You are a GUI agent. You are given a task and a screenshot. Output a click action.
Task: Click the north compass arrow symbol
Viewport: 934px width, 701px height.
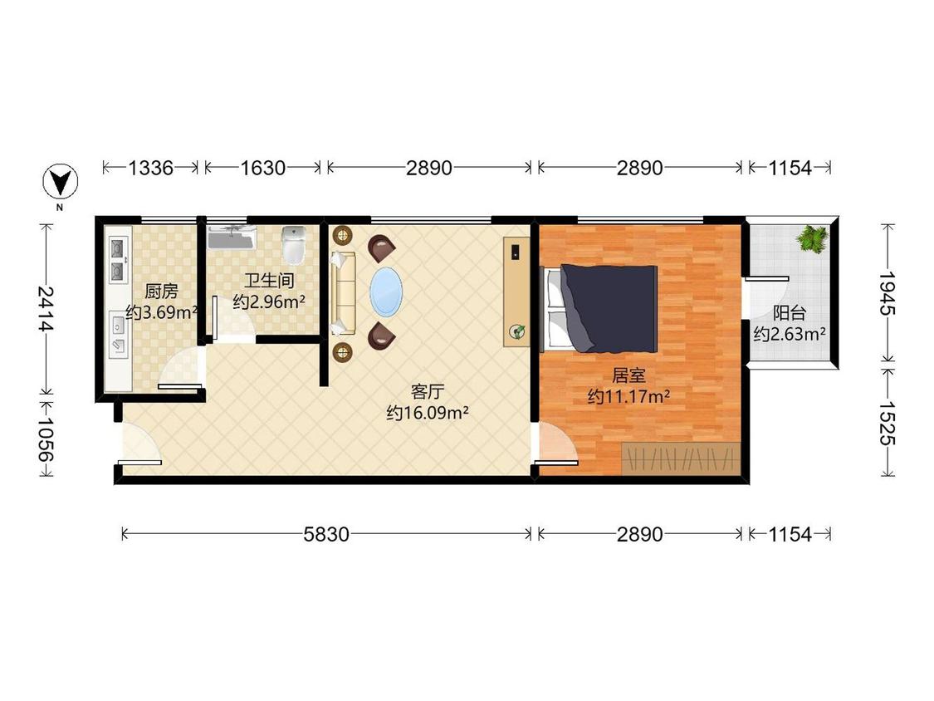point(61,181)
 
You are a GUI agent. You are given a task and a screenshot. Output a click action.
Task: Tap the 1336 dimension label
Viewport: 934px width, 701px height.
point(151,168)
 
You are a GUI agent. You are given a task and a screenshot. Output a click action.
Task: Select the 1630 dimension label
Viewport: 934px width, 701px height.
point(262,168)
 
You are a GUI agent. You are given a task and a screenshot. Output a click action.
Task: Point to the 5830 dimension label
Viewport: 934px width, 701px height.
point(325,534)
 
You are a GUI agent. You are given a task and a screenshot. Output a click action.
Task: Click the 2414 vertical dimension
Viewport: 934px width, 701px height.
point(46,309)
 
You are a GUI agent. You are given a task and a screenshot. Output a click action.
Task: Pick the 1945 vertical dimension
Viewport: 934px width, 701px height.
point(887,293)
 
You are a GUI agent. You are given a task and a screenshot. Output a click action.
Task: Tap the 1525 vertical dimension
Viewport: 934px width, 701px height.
point(887,424)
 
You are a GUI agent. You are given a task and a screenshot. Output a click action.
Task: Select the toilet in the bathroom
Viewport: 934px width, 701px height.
point(293,245)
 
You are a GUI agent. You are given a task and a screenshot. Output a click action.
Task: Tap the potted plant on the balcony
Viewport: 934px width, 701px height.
point(812,239)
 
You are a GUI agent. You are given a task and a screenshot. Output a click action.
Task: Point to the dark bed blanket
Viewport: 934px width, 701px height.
point(609,307)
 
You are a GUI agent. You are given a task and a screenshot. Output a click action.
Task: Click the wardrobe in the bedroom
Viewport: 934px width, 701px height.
point(681,458)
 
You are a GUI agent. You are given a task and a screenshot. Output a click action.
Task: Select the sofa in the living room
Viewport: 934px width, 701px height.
point(343,292)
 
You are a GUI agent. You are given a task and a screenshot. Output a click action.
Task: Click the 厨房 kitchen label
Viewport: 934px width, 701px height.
point(161,292)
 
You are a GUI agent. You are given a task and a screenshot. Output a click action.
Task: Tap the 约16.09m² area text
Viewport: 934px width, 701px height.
point(427,413)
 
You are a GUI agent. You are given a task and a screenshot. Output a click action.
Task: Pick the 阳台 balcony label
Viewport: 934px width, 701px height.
point(790,313)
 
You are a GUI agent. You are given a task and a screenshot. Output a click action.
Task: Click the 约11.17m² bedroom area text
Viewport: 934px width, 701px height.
point(629,396)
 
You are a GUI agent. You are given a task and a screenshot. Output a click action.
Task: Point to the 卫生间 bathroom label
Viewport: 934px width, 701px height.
point(269,281)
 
